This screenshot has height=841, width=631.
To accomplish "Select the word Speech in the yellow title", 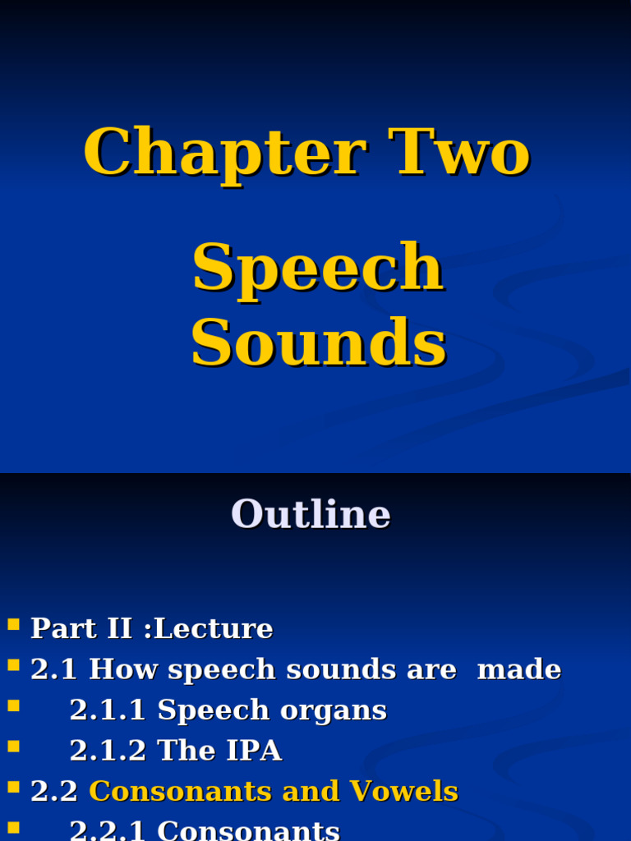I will [x=318, y=268].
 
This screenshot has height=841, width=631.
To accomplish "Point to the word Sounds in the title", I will [x=318, y=343].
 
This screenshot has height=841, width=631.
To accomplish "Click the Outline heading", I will [x=311, y=515].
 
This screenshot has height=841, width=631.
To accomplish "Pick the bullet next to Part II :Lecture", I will [x=13, y=625].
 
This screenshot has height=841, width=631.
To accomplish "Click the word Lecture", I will [x=213, y=629].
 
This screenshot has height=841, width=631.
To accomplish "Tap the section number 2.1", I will [x=53, y=670].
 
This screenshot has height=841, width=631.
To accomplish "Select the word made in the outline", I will [x=519, y=670].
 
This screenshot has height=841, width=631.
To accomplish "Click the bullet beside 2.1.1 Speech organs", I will [x=13, y=706].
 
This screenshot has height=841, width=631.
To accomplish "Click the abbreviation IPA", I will [x=256, y=751].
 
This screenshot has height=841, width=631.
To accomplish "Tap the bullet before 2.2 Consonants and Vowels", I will [x=13, y=787].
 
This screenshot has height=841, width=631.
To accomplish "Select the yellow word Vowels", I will [x=404, y=792].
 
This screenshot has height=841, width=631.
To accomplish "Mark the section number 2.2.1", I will [x=108, y=830].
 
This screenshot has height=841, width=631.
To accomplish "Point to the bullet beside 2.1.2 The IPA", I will [x=13, y=747].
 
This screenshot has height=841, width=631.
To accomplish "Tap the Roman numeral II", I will [x=117, y=629].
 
